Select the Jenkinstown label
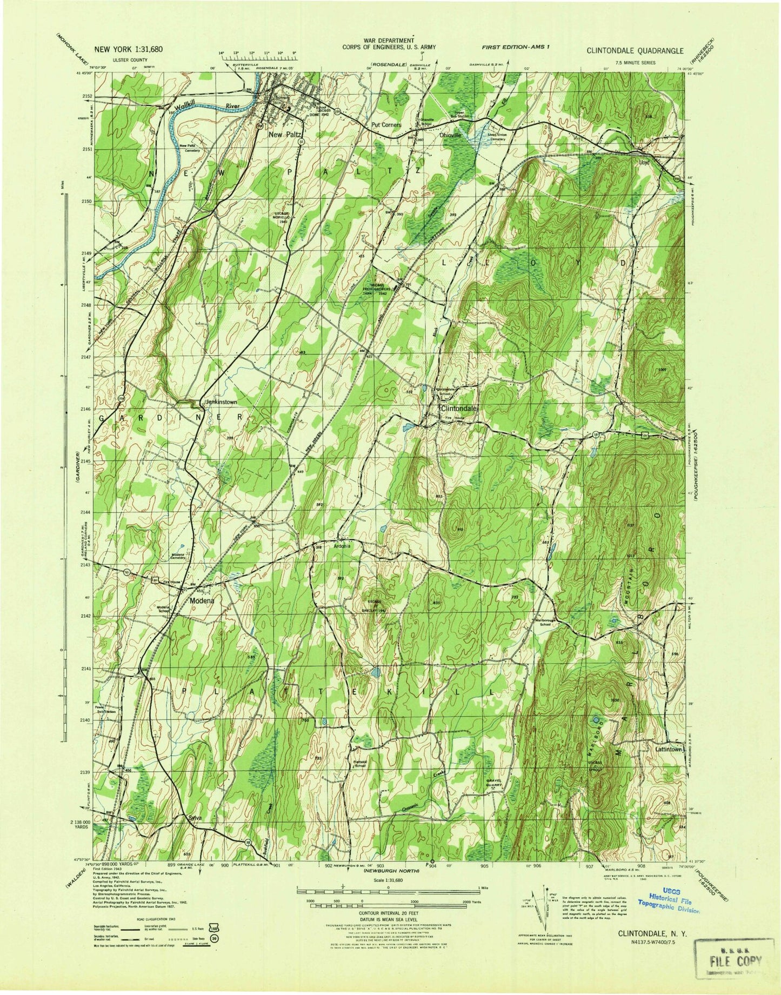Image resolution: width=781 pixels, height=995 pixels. coord(217,402)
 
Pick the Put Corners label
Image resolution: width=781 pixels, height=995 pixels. coord(385,125)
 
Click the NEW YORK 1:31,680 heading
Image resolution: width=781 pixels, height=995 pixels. coord(128,49)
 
